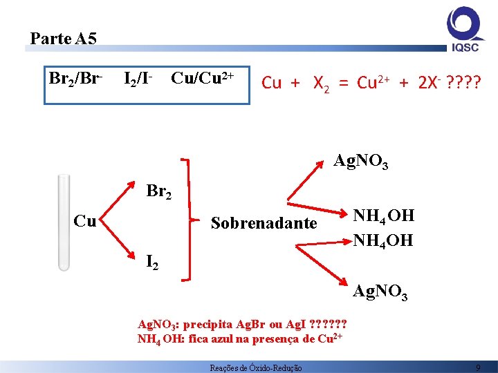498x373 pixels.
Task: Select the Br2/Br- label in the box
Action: pos(75,79)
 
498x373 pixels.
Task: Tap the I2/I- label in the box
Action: pos(138,79)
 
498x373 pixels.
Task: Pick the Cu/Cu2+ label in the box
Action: pos(205,79)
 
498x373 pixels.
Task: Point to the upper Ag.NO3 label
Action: pos(360,162)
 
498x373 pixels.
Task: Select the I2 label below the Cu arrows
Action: pos(151,262)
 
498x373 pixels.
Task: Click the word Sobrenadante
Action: pos(264,223)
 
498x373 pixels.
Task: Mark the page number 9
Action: pos(478,368)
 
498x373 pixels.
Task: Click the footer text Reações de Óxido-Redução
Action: pos(255,368)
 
